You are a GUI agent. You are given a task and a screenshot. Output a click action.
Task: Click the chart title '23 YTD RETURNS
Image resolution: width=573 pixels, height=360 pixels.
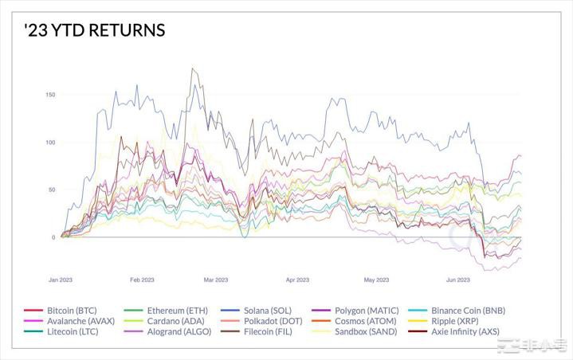[94, 30]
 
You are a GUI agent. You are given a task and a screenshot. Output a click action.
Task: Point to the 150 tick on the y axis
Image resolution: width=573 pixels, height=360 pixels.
[50, 95]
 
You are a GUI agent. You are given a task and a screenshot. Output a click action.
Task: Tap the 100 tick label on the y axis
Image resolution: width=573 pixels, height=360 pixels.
[50, 143]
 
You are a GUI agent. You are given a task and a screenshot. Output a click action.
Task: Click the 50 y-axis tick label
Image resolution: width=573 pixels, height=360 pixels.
[52, 190]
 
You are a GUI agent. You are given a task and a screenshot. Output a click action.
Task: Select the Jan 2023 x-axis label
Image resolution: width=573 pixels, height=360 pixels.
[61, 280]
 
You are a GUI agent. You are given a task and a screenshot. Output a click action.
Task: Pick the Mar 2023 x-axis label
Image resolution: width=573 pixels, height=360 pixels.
[215, 280]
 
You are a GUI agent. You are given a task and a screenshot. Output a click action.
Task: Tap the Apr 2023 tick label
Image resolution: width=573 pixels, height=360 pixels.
[296, 280]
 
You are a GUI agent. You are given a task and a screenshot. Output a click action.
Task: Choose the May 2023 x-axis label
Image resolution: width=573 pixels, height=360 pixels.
[376, 280]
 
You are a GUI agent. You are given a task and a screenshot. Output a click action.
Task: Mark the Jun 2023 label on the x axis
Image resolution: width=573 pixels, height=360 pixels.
[457, 280]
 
